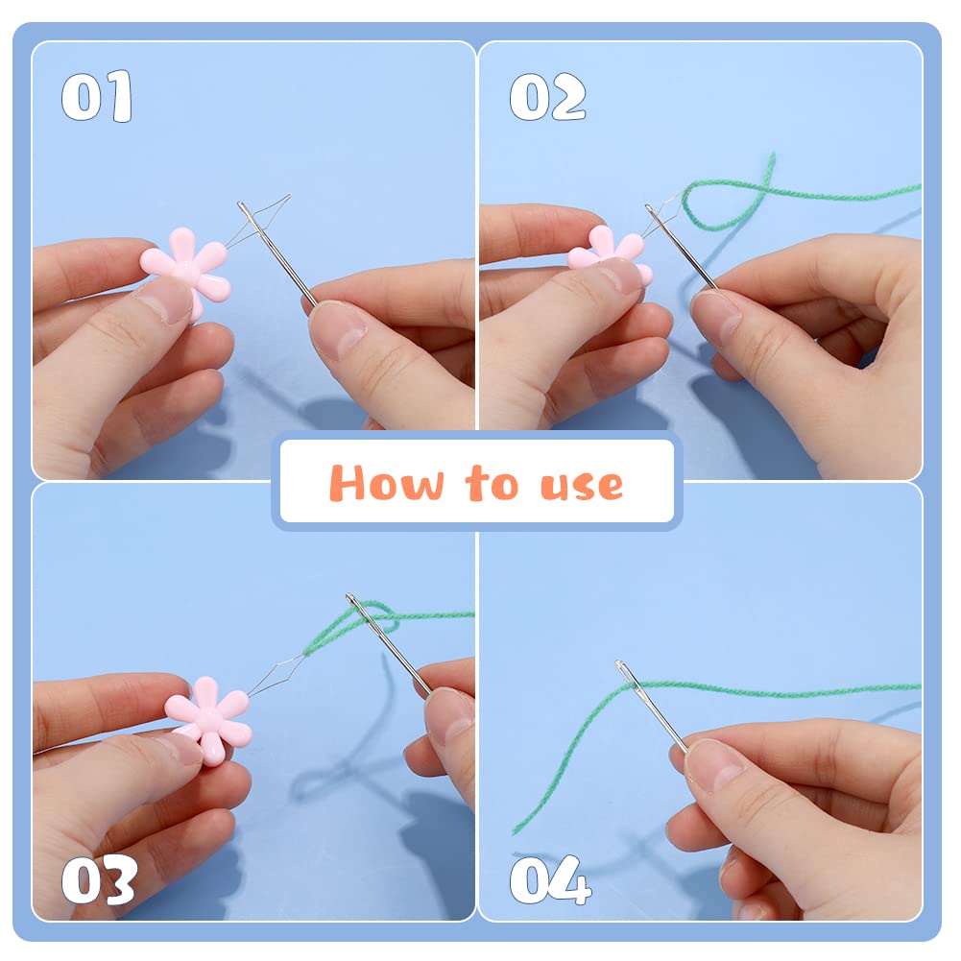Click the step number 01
[97, 96]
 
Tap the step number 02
[547, 96]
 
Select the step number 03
[99, 880]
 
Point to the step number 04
[550, 880]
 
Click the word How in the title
[387, 483]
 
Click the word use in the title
[581, 486]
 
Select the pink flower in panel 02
[610, 252]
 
